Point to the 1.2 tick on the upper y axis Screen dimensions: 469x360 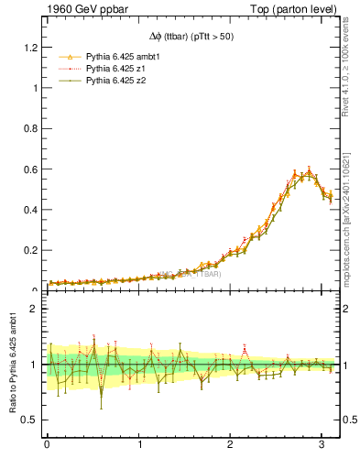point(30,48)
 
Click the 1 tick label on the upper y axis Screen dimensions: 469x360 point(35,88)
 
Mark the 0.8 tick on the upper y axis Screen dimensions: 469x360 point(30,129)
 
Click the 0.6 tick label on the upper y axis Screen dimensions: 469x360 point(30,169)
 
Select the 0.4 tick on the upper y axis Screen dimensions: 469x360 point(30,210)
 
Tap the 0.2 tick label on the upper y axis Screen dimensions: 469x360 point(30,250)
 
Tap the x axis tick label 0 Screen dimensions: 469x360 point(48,444)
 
